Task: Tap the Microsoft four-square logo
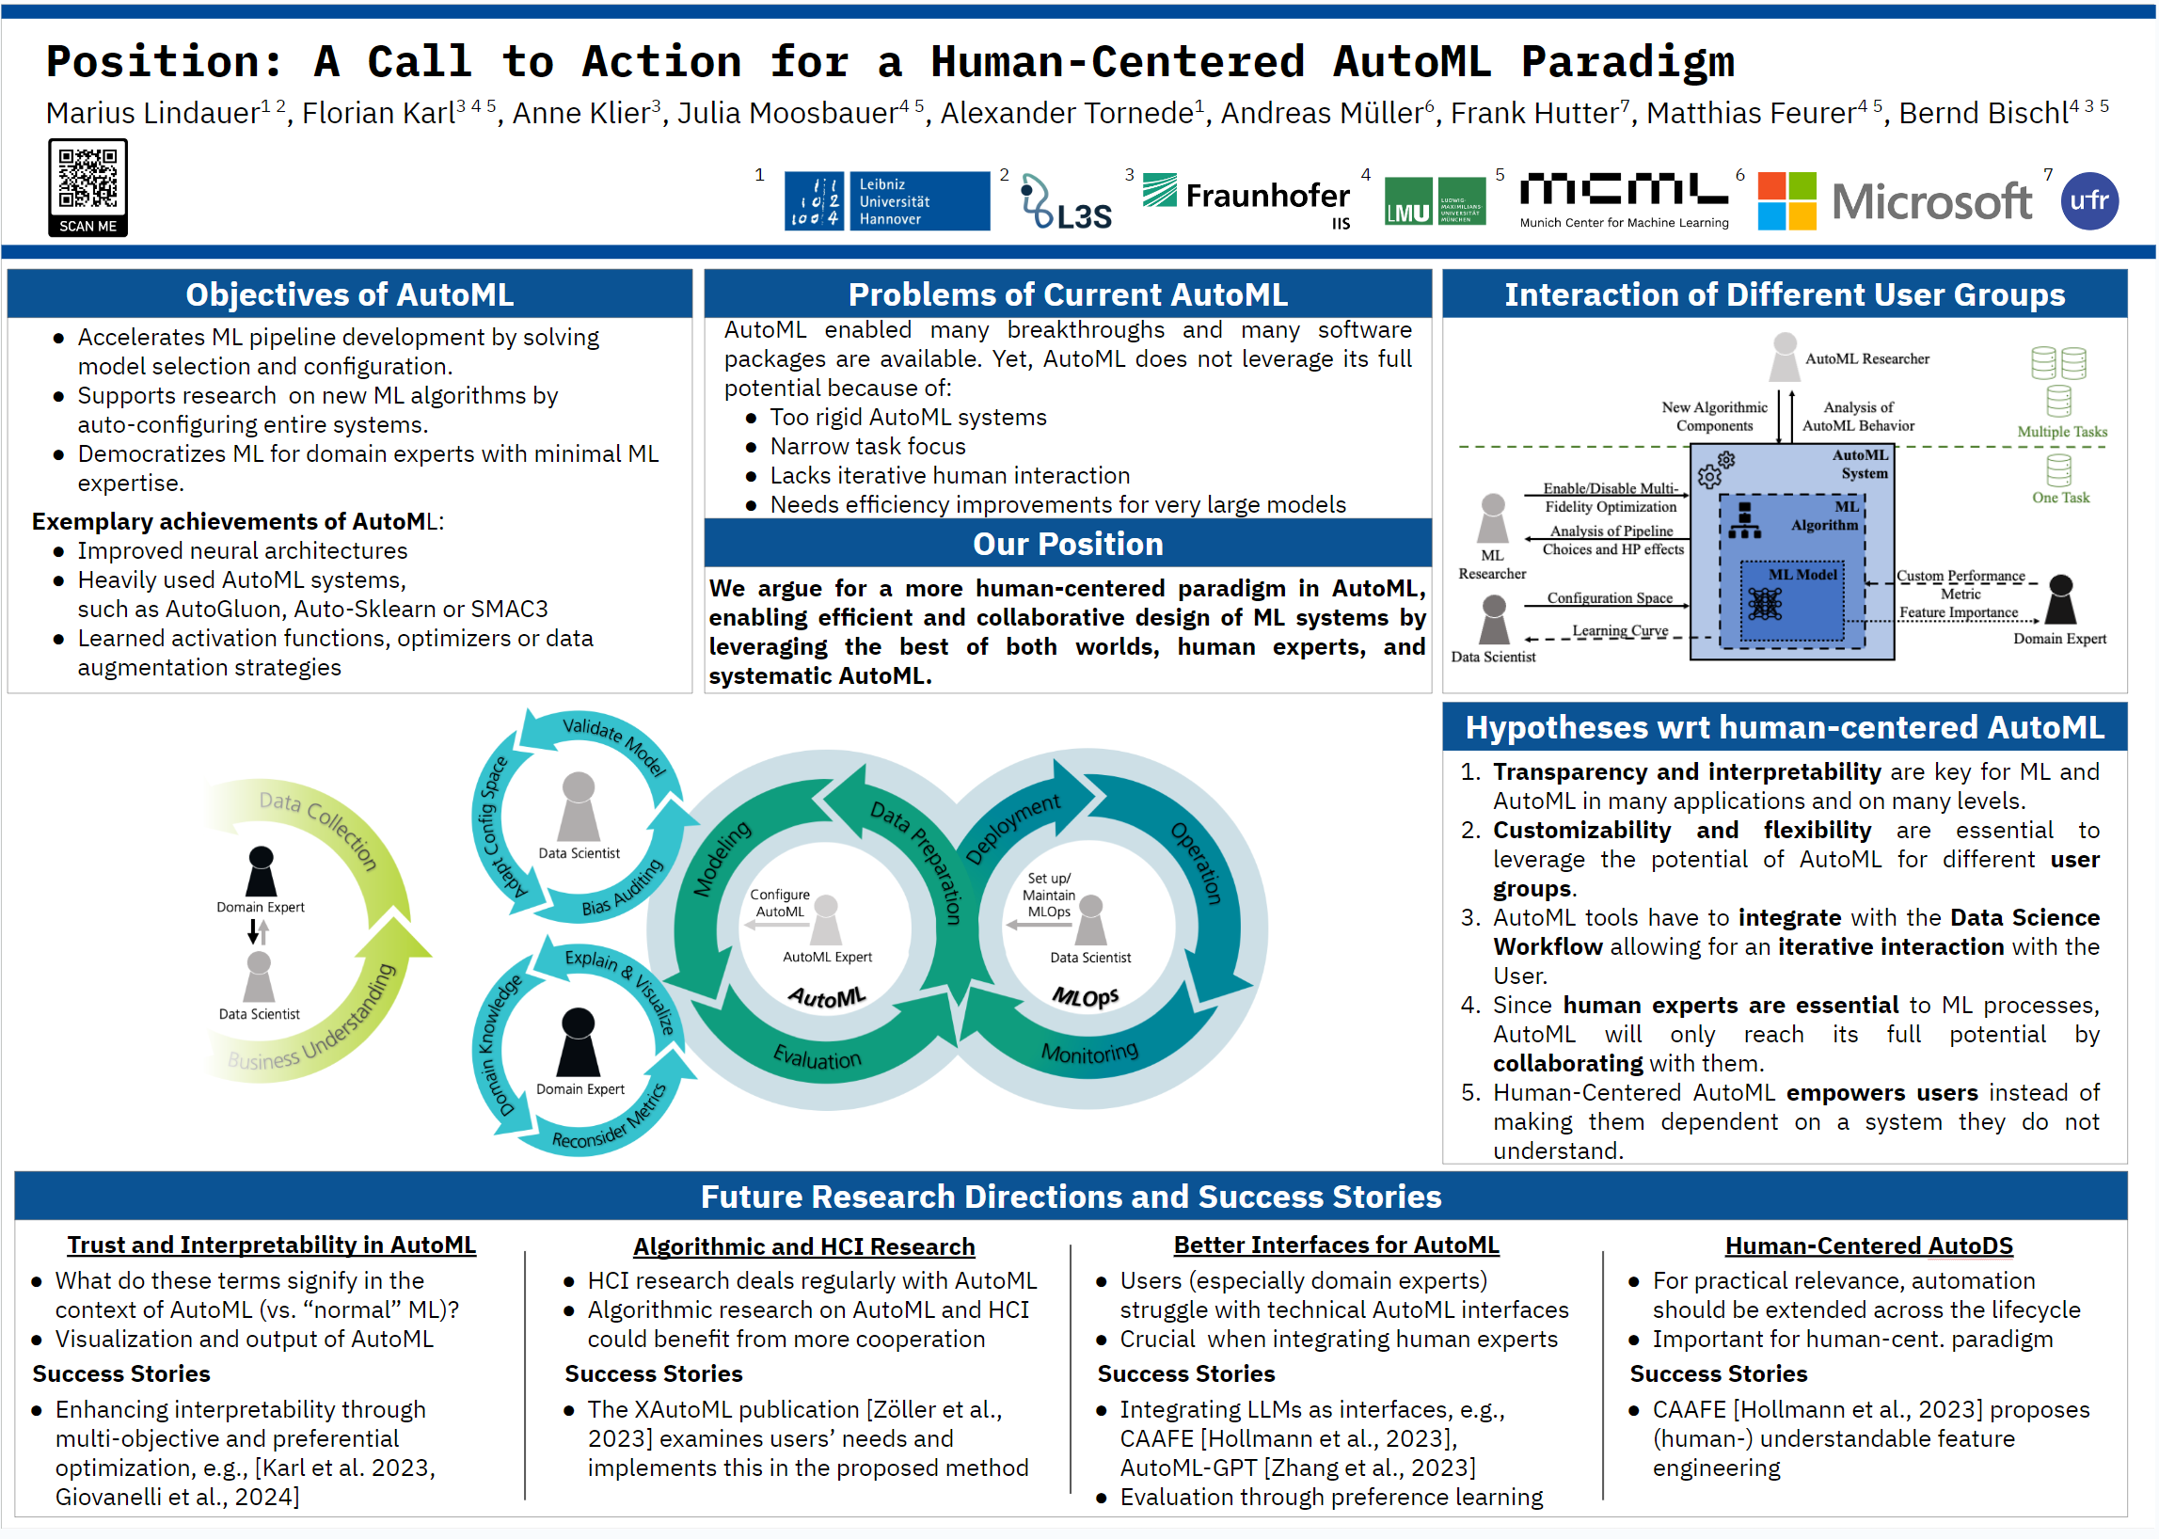pyautogui.click(x=1786, y=201)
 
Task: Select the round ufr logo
pyautogui.click(x=2088, y=201)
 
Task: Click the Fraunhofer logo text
pyautogui.click(x=1266, y=197)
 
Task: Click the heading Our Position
pyautogui.click(x=1067, y=544)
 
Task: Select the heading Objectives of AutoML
pyautogui.click(x=350, y=294)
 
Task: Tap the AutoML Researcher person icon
pyautogui.click(x=1785, y=357)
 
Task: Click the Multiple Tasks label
pyautogui.click(x=2061, y=432)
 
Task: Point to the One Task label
pyautogui.click(x=2059, y=499)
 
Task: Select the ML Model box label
pyautogui.click(x=1802, y=575)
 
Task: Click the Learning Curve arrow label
pyautogui.click(x=1620, y=631)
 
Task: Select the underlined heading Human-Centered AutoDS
pyautogui.click(x=1868, y=1246)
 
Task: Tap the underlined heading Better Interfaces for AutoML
pyautogui.click(x=1337, y=1245)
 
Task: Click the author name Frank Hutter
pyautogui.click(x=1533, y=114)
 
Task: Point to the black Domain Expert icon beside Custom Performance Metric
pyautogui.click(x=2060, y=599)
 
